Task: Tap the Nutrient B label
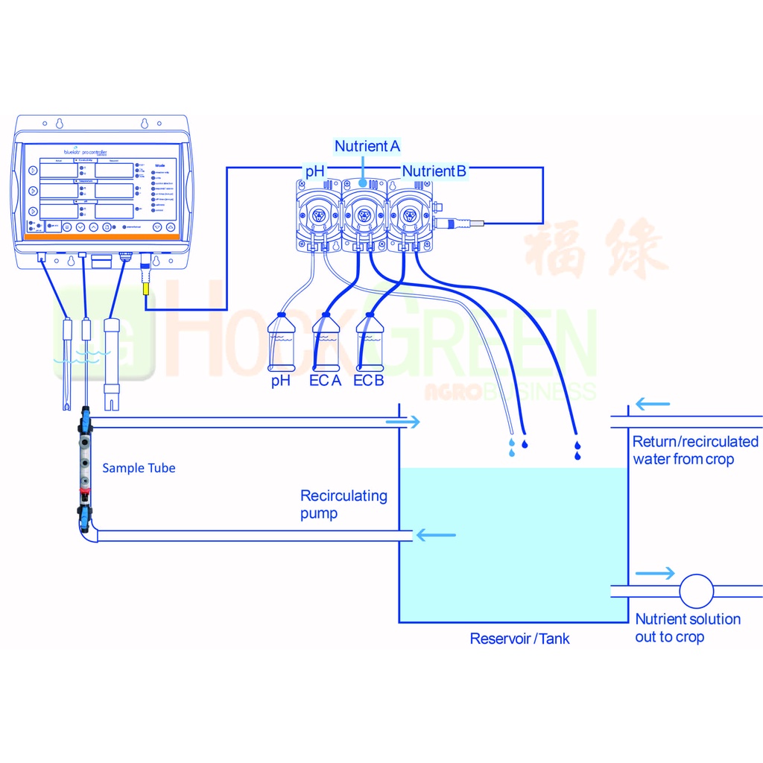tap(434, 171)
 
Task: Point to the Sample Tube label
tap(139, 468)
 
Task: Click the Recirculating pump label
tap(343, 504)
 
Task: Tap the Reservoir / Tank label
tap(519, 639)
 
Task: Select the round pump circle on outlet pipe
tap(696, 591)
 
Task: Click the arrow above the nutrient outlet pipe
tap(655, 574)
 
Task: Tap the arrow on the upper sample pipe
tap(403, 422)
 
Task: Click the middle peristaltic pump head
tap(365, 215)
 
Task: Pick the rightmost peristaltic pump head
tap(409, 215)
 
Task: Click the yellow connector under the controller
tap(145, 284)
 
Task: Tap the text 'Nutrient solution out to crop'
tap(687, 627)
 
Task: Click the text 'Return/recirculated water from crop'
tap(694, 450)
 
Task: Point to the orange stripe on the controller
tap(101, 236)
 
